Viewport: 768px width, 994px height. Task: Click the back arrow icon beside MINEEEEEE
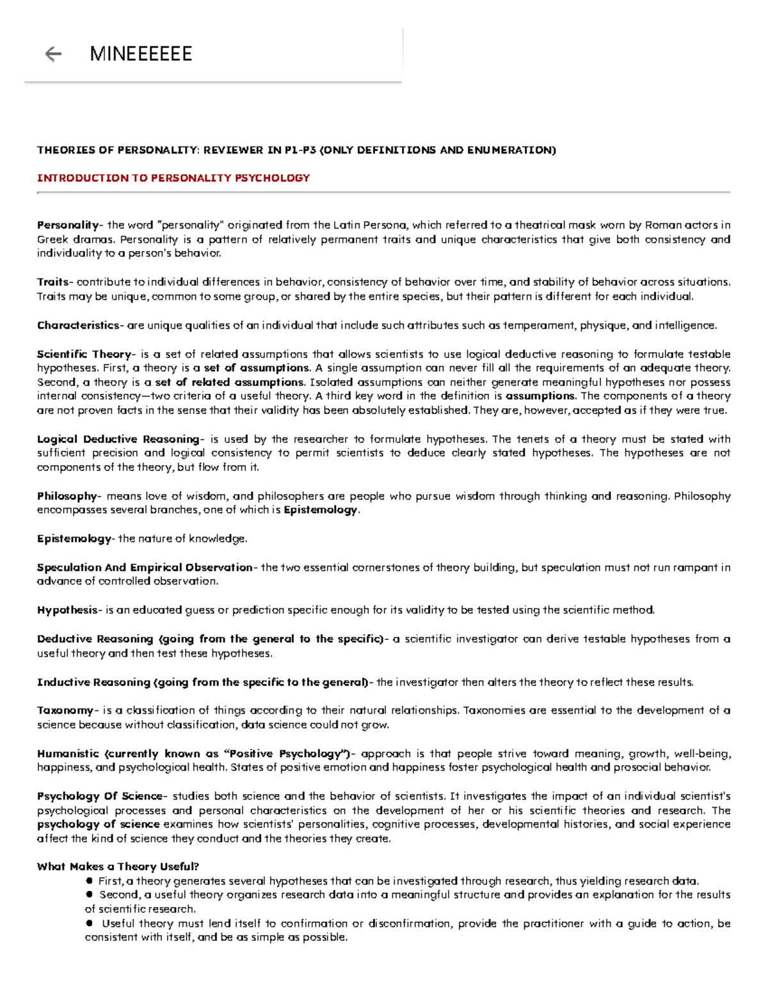pyautogui.click(x=53, y=54)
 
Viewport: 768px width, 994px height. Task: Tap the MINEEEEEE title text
pyautogui.click(x=141, y=54)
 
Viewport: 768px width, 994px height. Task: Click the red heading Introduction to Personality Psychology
pyautogui.click(x=173, y=178)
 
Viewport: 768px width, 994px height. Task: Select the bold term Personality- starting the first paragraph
pyautogui.click(x=68, y=225)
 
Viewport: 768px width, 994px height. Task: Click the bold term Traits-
pyautogui.click(x=55, y=282)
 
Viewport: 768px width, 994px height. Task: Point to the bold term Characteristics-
pyautogui.click(x=78, y=325)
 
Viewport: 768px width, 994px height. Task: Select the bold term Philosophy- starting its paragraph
pyautogui.click(x=68, y=496)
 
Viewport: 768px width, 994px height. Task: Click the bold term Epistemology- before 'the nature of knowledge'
pyautogui.click(x=75, y=539)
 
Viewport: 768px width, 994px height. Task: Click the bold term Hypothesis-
pyautogui.click(x=68, y=610)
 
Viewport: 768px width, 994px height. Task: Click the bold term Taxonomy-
pyautogui.click(x=67, y=710)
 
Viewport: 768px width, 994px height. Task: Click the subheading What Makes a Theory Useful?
pyautogui.click(x=118, y=867)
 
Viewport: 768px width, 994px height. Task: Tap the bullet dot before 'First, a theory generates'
pyautogui.click(x=90, y=881)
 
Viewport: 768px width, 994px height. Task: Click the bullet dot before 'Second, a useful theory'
pyautogui.click(x=90, y=895)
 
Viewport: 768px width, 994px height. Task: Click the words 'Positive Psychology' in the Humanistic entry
pyautogui.click(x=285, y=753)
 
